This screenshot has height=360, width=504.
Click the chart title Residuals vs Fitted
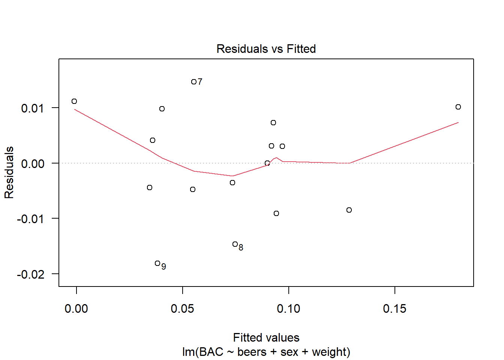click(266, 49)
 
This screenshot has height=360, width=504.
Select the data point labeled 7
click(193, 82)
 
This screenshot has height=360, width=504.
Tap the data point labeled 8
click(235, 244)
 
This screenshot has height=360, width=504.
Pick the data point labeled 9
click(157, 263)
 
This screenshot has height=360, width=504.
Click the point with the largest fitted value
click(458, 107)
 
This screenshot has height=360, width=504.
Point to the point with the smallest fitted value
click(74, 101)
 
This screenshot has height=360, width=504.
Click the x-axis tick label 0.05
click(182, 309)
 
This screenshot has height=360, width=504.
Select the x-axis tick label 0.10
click(288, 309)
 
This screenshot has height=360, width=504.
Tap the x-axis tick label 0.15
click(394, 309)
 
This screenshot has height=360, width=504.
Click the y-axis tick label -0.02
click(31, 274)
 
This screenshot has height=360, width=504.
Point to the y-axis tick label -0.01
click(31, 219)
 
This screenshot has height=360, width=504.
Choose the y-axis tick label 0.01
click(33, 108)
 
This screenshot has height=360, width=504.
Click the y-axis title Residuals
click(9, 172)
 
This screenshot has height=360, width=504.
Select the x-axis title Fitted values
click(266, 337)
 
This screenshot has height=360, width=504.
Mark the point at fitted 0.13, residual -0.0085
click(349, 210)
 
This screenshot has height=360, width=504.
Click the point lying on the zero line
click(267, 163)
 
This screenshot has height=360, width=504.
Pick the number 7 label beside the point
click(200, 81)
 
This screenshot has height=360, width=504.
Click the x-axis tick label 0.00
click(76, 309)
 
